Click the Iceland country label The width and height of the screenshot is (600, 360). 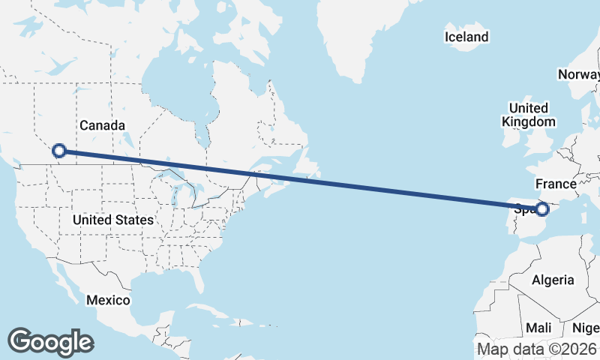point(466,37)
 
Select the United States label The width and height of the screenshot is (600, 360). point(113,220)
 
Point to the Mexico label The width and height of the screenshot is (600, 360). point(108,300)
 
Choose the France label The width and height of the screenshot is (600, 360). point(556,184)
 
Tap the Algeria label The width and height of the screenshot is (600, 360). point(553,280)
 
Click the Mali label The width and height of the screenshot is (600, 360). point(538,328)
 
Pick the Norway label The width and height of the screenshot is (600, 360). point(578,74)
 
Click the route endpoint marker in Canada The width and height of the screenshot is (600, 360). point(59,151)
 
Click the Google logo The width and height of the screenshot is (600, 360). point(50,341)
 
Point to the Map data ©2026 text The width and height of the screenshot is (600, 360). point(537,349)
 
